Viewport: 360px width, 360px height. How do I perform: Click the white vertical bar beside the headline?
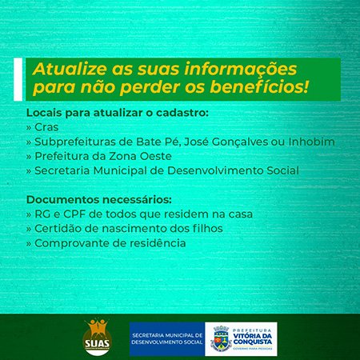click(x=18, y=79)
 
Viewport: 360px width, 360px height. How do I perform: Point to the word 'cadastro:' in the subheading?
click(x=182, y=113)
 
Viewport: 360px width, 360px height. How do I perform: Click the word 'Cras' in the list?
click(x=46, y=127)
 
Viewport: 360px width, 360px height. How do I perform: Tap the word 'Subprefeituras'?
click(x=75, y=142)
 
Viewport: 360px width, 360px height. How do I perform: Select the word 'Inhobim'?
click(x=311, y=142)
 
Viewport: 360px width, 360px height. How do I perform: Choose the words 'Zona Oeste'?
click(x=139, y=156)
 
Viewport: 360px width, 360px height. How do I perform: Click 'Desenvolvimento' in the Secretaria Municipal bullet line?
click(x=216, y=170)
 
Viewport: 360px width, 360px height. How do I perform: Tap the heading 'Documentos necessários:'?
click(x=99, y=199)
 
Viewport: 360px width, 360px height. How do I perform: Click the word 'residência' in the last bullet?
click(x=158, y=243)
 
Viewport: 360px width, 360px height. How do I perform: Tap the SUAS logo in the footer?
click(x=97, y=338)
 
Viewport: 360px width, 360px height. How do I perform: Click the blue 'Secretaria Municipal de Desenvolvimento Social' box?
click(x=167, y=339)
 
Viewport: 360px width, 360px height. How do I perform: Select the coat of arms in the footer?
click(x=221, y=338)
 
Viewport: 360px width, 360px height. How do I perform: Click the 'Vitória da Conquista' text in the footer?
click(x=253, y=339)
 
